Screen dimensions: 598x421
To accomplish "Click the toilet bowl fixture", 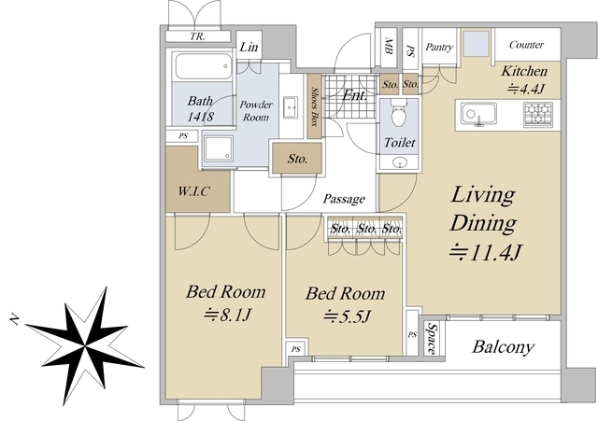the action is [399, 113].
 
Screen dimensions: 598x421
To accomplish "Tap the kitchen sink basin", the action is [478, 114].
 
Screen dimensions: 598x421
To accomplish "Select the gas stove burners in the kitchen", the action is [538, 115].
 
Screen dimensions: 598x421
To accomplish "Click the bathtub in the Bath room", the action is [204, 66].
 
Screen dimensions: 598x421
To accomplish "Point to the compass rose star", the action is [85, 345].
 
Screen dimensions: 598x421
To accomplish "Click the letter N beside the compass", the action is [15, 319].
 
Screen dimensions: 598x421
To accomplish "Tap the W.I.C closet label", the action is [193, 190].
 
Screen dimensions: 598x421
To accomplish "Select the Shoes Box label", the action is [315, 106].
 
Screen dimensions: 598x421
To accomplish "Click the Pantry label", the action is [439, 47].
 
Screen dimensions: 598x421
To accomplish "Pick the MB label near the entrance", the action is [389, 46].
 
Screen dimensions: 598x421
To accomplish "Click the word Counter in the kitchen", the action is [526, 45].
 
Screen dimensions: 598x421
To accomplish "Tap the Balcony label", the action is [503, 346].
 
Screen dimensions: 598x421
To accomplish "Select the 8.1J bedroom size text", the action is [227, 316].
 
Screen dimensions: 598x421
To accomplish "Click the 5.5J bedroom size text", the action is [347, 316].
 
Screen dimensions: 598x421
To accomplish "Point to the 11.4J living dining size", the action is [485, 252].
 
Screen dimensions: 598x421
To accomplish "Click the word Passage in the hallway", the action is [344, 199].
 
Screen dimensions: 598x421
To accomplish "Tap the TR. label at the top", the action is [197, 36].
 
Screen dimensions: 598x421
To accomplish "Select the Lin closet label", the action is [249, 47].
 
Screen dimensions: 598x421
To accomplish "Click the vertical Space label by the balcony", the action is [432, 339].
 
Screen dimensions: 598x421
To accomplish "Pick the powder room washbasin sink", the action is [291, 108].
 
